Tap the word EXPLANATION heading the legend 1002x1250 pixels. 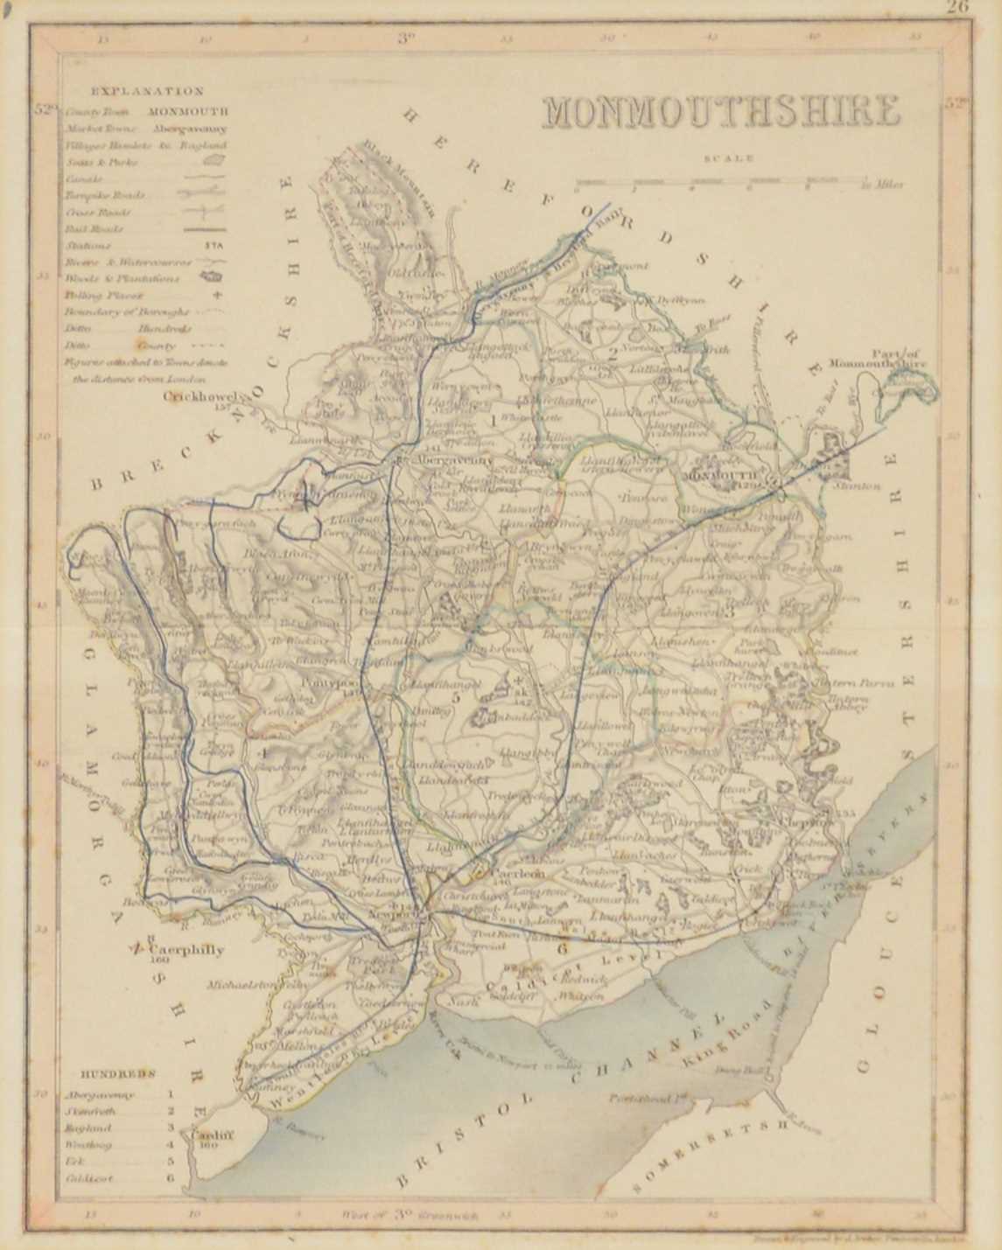point(147,91)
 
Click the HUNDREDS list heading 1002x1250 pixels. point(119,1073)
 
